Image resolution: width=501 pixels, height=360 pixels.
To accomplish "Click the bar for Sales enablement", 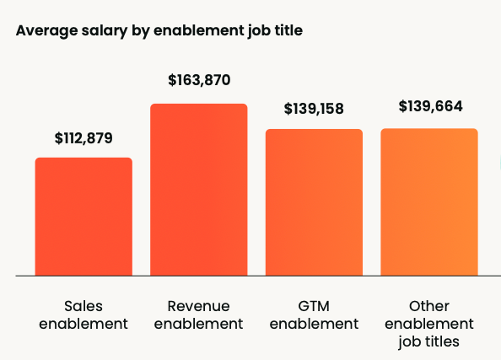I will click(83, 217).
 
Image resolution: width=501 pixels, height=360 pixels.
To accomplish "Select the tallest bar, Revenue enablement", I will click(198, 190).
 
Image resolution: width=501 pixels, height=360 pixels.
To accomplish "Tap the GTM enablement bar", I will click(314, 202).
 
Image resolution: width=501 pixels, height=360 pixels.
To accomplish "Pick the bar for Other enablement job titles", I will click(429, 202).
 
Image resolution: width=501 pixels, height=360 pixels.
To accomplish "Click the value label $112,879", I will click(83, 137).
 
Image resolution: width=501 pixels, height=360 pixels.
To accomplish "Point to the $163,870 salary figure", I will click(198, 81).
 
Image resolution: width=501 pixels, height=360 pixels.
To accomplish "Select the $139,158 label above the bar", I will click(314, 109).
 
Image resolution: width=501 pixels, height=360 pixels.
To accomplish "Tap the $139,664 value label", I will click(429, 107).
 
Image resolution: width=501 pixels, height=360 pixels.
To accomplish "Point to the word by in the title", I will click(134, 31).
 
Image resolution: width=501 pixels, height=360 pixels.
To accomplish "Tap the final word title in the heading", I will click(284, 31).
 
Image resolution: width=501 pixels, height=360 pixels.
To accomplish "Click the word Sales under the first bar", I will click(83, 305).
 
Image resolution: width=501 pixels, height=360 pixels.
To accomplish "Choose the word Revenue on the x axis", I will click(198, 305).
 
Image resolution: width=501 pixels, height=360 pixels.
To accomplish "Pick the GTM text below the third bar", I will click(314, 305).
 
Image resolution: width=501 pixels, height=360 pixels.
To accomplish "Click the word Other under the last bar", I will click(429, 305).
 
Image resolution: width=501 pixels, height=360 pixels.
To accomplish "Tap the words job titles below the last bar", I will click(429, 341).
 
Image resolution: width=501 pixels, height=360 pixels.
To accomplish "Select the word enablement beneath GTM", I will click(314, 324).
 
